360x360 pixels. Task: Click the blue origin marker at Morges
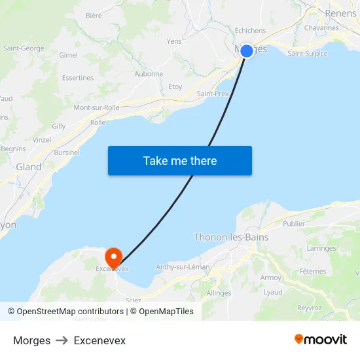pyautogui.click(x=247, y=51)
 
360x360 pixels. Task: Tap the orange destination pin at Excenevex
pyautogui.click(x=114, y=256)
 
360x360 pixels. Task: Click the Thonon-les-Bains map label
pyautogui.click(x=231, y=238)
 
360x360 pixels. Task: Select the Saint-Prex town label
pyautogui.click(x=213, y=94)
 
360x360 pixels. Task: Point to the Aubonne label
pyautogui.click(x=149, y=74)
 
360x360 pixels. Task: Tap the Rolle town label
pyautogui.click(x=98, y=122)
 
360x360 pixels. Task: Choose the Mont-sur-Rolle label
pyautogui.click(x=96, y=107)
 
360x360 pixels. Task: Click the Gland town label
pyautogui.click(x=29, y=167)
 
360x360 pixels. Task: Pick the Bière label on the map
pyautogui.click(x=94, y=16)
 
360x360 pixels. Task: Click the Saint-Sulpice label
pyautogui.click(x=308, y=54)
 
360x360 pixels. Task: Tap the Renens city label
pyautogui.click(x=340, y=13)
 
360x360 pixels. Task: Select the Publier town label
pyautogui.click(x=294, y=223)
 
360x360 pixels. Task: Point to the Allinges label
pyautogui.click(x=219, y=293)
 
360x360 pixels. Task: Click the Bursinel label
pyautogui.click(x=67, y=153)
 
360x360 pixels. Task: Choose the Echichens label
pyautogui.click(x=250, y=30)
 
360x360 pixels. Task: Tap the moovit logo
pyautogui.click(x=321, y=340)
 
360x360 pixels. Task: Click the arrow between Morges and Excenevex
pyautogui.click(x=62, y=341)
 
